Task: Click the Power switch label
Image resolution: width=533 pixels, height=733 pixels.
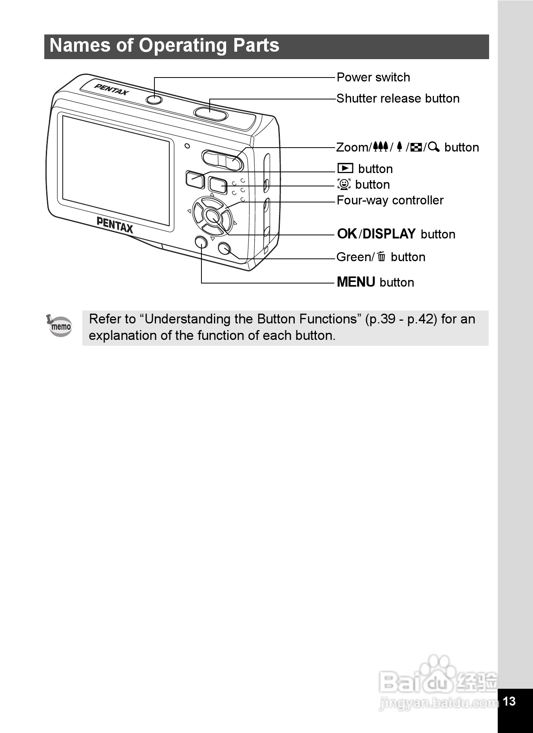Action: (x=373, y=78)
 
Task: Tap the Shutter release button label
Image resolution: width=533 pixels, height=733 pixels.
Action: (x=398, y=99)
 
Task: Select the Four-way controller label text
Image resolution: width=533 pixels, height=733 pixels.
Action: (x=390, y=200)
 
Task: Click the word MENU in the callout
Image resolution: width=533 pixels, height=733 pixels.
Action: (x=356, y=282)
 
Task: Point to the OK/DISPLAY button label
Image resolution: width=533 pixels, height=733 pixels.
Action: (x=396, y=234)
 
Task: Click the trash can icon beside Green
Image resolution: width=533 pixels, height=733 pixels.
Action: (x=381, y=257)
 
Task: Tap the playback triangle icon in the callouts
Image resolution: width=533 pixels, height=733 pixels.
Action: (x=345, y=168)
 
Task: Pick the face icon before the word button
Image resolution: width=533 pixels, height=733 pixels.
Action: (x=344, y=184)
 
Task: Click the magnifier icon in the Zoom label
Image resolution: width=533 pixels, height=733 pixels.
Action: (x=434, y=147)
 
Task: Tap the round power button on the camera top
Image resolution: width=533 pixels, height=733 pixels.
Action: (x=154, y=99)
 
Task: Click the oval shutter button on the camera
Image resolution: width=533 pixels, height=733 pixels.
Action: (x=210, y=114)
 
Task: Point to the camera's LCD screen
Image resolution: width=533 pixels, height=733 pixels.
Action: (x=116, y=171)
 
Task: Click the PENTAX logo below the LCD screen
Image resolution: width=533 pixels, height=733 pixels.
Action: (x=115, y=225)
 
